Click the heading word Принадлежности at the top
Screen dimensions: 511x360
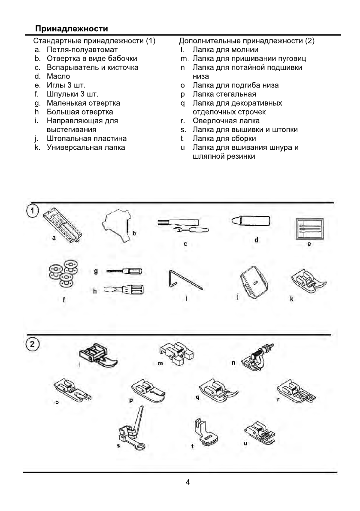click(x=71, y=29)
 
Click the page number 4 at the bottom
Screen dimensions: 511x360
click(x=188, y=482)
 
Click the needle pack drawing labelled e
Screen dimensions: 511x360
click(x=310, y=228)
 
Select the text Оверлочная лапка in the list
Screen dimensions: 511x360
click(x=226, y=121)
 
